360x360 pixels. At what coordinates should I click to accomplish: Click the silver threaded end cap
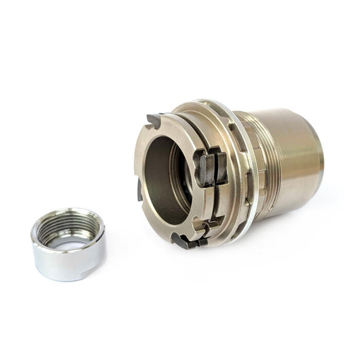[x=68, y=244]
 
